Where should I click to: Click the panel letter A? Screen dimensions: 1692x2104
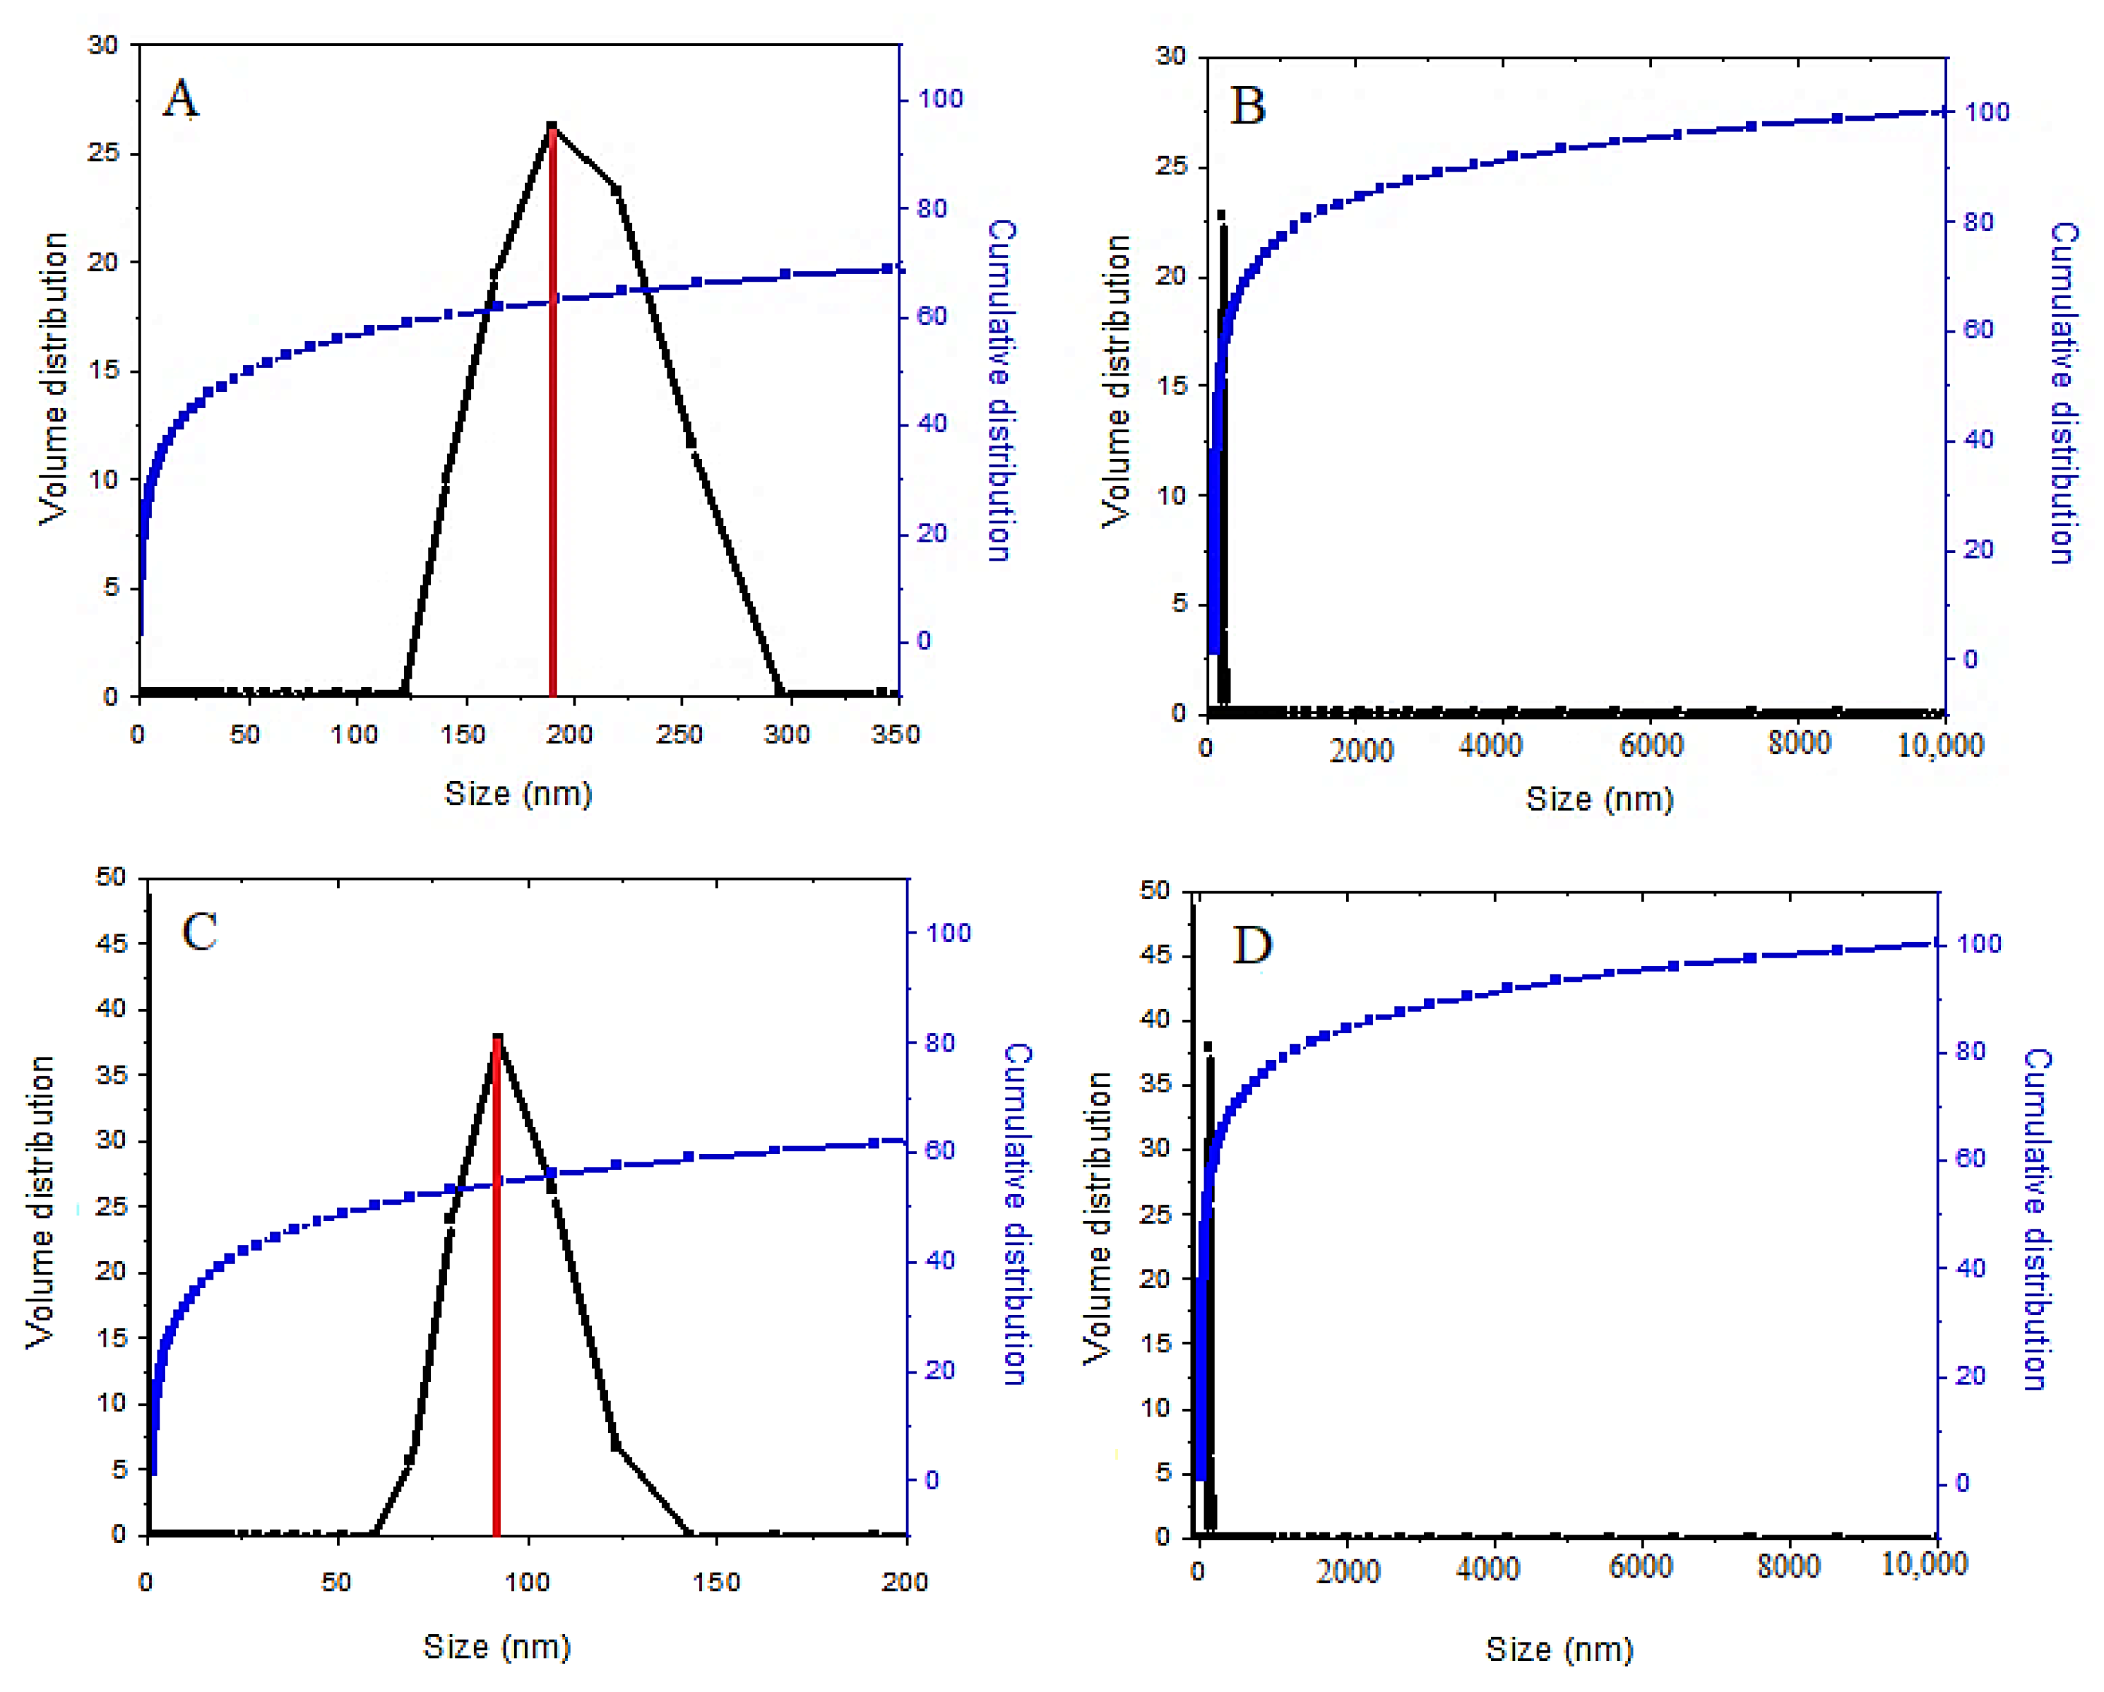click(x=181, y=99)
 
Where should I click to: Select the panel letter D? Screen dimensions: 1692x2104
click(x=1252, y=945)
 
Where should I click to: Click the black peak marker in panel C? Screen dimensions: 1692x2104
click(x=498, y=1037)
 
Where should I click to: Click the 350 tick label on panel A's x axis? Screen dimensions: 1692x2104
click(x=895, y=734)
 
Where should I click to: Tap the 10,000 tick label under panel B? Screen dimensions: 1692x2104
click(x=1940, y=746)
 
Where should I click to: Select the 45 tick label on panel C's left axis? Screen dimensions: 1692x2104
click(x=112, y=943)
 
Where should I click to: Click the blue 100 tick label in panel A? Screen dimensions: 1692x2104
click(x=940, y=99)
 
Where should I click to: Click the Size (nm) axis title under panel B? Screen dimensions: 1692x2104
click(x=1600, y=799)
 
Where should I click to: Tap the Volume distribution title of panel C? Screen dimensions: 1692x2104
click(x=40, y=1202)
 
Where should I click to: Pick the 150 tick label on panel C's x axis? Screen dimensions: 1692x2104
click(x=716, y=1582)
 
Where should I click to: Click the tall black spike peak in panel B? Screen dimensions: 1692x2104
click(x=1221, y=215)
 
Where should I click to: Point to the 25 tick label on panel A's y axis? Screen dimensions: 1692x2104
click(x=102, y=153)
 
